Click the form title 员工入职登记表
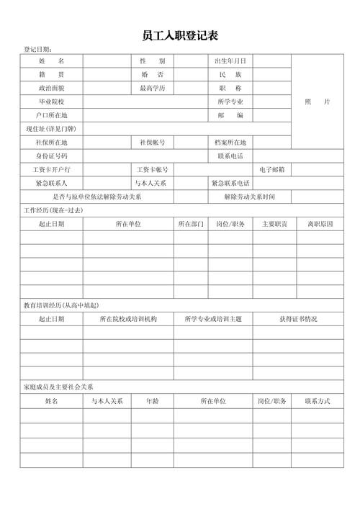[x=181, y=35]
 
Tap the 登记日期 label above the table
[x=37, y=50]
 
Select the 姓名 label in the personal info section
[x=51, y=61]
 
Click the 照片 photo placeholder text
[x=317, y=102]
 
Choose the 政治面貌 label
[x=51, y=88]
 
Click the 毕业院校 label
[x=51, y=102]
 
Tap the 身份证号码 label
[x=51, y=156]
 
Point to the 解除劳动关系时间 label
[x=248, y=197]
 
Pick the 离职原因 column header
[x=320, y=224]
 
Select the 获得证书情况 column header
[x=298, y=319]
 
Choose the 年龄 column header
[x=152, y=401]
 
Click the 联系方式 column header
[x=318, y=401]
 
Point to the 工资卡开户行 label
[x=51, y=169]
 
